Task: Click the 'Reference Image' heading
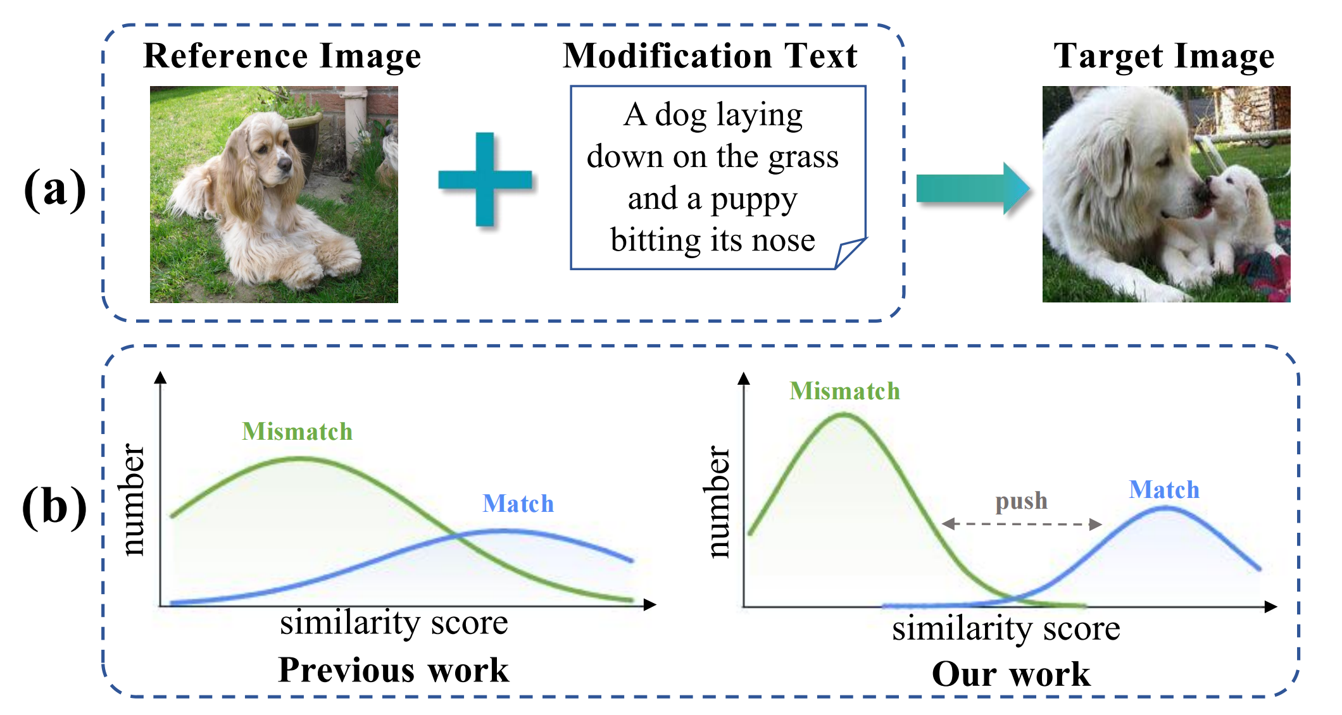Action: pos(282,56)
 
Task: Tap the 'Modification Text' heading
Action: pos(710,56)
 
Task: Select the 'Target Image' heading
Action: pos(1163,56)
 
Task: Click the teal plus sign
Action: pos(485,180)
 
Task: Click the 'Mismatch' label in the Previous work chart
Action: pos(297,432)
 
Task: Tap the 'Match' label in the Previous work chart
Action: pos(518,504)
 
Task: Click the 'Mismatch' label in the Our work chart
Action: pos(844,391)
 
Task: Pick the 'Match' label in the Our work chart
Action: pos(1163,490)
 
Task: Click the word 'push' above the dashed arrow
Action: pos(1021,501)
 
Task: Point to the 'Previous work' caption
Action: pos(393,669)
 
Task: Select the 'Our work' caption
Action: pos(1011,674)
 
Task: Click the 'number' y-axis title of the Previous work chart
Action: pos(132,500)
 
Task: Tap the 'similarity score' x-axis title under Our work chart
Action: pos(1006,629)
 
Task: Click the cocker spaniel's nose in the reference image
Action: pos(284,166)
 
